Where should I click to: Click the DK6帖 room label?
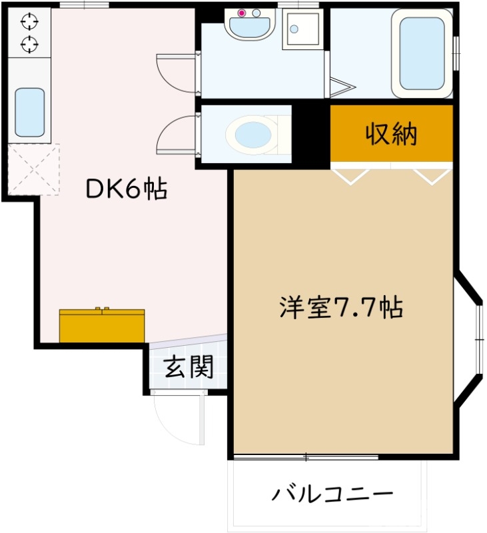[x=126, y=190]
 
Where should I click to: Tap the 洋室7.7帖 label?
[x=340, y=308]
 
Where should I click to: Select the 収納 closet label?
[x=391, y=134]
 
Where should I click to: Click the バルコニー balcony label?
[x=332, y=494]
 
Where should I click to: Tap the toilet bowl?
[x=250, y=134]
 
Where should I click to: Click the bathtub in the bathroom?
[x=422, y=53]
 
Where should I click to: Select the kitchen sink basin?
[x=29, y=112]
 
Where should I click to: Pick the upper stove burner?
[x=29, y=23]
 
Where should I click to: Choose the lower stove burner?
[x=29, y=45]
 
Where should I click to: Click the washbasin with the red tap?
[x=249, y=25]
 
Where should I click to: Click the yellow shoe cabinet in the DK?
[x=102, y=325]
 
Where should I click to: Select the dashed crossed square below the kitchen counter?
[x=33, y=169]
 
